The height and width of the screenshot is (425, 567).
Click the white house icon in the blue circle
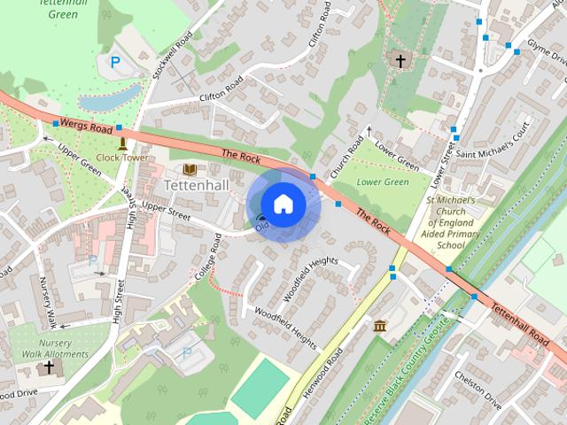pos(283,204)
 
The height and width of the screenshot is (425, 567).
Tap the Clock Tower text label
pos(122,158)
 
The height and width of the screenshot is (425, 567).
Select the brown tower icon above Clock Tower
pos(121,143)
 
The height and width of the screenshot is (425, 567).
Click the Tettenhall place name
pos(197,185)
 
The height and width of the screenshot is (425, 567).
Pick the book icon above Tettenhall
pos(189,168)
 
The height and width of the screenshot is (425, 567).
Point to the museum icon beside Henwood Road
pos(380,327)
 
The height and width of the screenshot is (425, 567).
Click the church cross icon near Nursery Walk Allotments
pos(49,366)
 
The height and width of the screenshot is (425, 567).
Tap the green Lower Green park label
pos(382,182)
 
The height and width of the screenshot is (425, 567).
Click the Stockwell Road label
pos(171,56)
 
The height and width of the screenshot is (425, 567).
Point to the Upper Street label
pos(167,209)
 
